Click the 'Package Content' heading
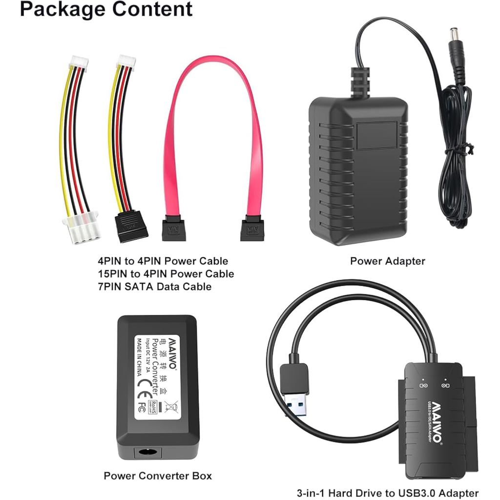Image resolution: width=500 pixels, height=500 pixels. click(x=106, y=9)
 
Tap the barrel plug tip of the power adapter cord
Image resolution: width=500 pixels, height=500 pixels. click(x=456, y=36)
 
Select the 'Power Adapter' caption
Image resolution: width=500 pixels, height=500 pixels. click(x=387, y=261)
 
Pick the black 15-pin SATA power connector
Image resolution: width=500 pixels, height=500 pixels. click(x=131, y=226)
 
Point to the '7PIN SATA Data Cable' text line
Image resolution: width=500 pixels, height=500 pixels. click(x=155, y=287)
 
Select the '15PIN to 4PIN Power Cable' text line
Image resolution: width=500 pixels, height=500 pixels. click(x=166, y=274)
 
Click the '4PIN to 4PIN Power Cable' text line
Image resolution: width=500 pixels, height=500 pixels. click(x=163, y=261)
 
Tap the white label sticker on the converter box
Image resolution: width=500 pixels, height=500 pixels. click(x=157, y=376)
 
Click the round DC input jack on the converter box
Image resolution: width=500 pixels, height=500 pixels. click(x=145, y=452)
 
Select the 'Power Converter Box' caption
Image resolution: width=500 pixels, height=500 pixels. click(x=158, y=476)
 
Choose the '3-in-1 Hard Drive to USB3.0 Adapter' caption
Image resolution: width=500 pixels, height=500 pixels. click(x=388, y=493)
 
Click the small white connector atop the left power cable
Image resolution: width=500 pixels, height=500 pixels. click(x=79, y=62)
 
